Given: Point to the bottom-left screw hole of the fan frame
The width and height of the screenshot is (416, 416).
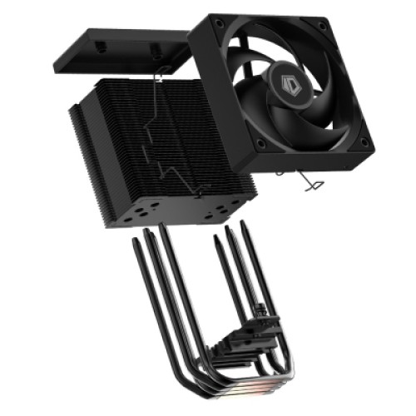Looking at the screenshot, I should pyautogui.click(x=260, y=143).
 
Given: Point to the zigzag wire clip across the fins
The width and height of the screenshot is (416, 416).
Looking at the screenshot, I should pyautogui.click(x=171, y=141).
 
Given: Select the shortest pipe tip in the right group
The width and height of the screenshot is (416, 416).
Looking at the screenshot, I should pyautogui.click(x=216, y=240).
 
